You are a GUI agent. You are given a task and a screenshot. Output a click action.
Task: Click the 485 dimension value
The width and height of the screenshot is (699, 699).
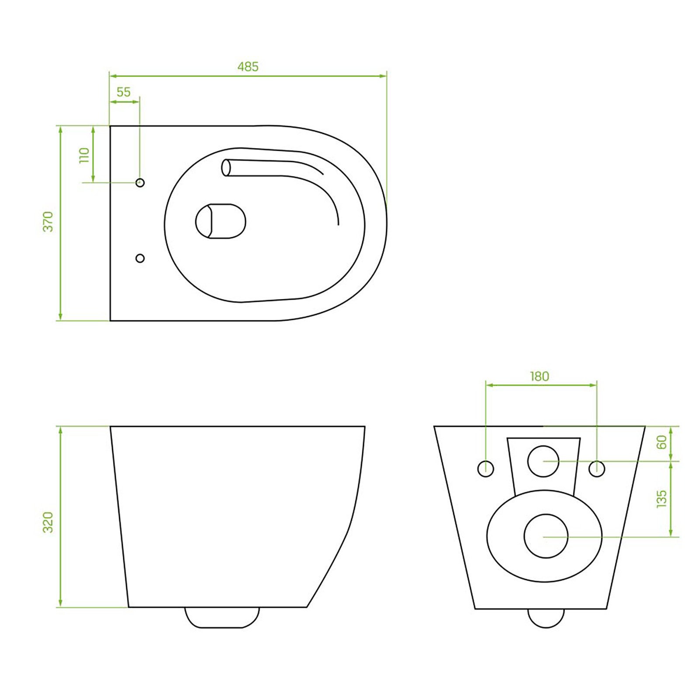pos(248,67)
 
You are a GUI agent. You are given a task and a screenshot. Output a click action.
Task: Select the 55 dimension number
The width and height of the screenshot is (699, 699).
pos(124,92)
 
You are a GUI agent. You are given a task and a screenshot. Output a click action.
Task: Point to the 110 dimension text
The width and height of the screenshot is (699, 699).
pos(84,155)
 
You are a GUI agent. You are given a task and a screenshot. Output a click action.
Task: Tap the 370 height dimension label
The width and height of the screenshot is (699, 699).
pos(48,221)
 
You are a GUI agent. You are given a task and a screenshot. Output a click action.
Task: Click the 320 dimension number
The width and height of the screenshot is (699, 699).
pos(48,522)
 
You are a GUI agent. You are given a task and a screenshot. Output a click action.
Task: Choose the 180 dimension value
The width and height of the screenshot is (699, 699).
pos(540,376)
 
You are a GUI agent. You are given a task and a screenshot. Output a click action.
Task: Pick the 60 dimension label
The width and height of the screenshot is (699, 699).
pos(662,442)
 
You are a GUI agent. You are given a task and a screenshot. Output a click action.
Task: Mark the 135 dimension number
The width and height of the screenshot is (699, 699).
pos(662,499)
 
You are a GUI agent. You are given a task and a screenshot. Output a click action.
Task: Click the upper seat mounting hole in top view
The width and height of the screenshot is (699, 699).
pos(140,183)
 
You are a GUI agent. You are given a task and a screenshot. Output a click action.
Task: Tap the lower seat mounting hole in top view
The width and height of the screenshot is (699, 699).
pos(140,258)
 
